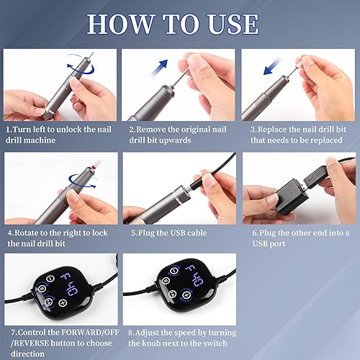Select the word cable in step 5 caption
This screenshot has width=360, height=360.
[x=203, y=233]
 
